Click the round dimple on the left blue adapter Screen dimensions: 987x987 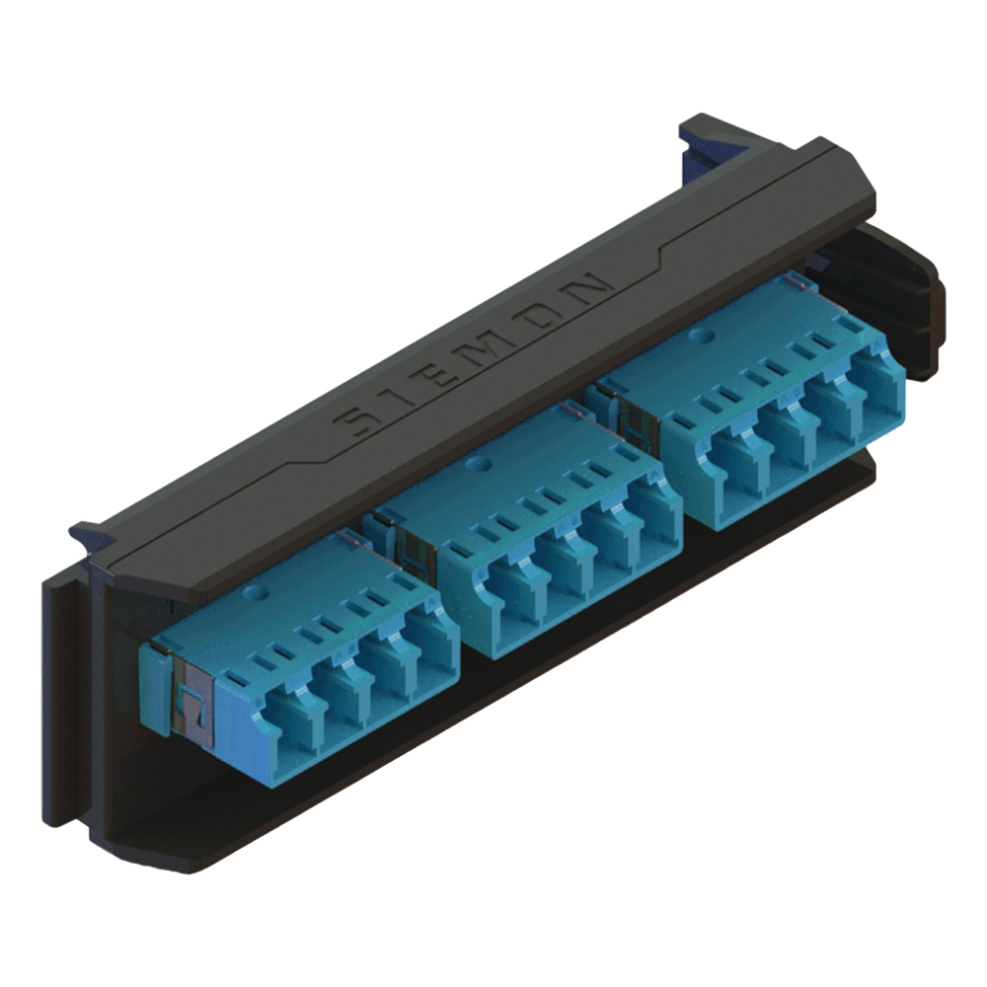coord(257,592)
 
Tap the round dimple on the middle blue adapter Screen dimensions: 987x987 coord(479,465)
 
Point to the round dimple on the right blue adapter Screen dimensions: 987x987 coord(697,336)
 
